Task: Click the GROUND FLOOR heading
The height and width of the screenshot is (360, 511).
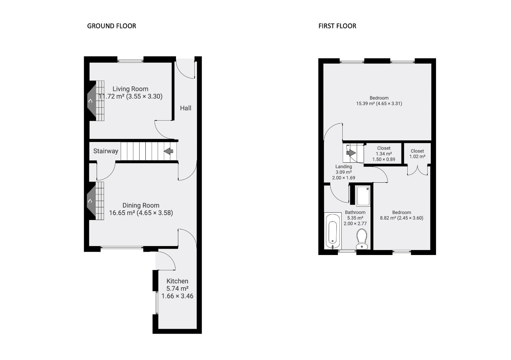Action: coord(111,26)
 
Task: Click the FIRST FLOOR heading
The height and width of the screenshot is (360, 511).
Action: coord(337,26)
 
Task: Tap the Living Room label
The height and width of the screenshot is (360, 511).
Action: coord(130,89)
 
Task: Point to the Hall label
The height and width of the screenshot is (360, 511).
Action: coord(186,108)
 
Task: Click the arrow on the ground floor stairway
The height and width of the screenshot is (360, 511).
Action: coord(169,151)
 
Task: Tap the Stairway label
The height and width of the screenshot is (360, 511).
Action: coord(106,151)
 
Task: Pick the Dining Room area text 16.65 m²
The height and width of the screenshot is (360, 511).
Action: coord(122,213)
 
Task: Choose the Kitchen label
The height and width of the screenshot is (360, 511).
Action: coord(177,281)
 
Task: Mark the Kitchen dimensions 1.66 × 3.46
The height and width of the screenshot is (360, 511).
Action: coord(177,296)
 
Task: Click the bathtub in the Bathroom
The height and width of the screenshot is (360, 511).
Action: coord(333,231)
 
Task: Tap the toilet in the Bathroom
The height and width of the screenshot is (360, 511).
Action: coord(362,239)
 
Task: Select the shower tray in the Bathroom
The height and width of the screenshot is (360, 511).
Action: coord(363,196)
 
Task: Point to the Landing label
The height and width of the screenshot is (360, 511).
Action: coord(343,166)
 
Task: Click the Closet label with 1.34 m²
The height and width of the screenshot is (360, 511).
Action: coord(384,148)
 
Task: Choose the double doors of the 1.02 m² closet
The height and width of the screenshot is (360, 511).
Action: coord(417,170)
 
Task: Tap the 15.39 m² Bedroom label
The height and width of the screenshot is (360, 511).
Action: coord(379,98)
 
